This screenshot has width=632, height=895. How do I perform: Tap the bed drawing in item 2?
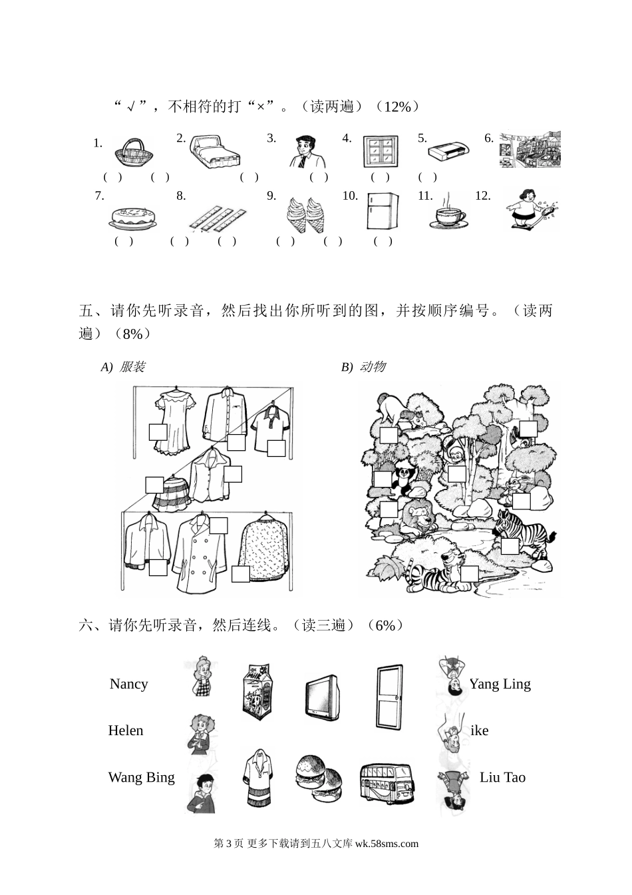coord(215,153)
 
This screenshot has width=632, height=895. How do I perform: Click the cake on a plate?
coord(133,216)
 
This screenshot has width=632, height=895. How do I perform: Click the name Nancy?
coord(128,684)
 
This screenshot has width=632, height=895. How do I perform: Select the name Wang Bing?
coord(141,777)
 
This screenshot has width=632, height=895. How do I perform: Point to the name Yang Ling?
coord(500,684)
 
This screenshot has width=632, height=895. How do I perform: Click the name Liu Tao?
coord(502,777)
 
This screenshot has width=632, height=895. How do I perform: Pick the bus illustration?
coord(385,783)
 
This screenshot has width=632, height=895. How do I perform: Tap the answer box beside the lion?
coord(389,510)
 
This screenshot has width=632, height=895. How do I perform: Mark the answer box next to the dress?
coord(158,432)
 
